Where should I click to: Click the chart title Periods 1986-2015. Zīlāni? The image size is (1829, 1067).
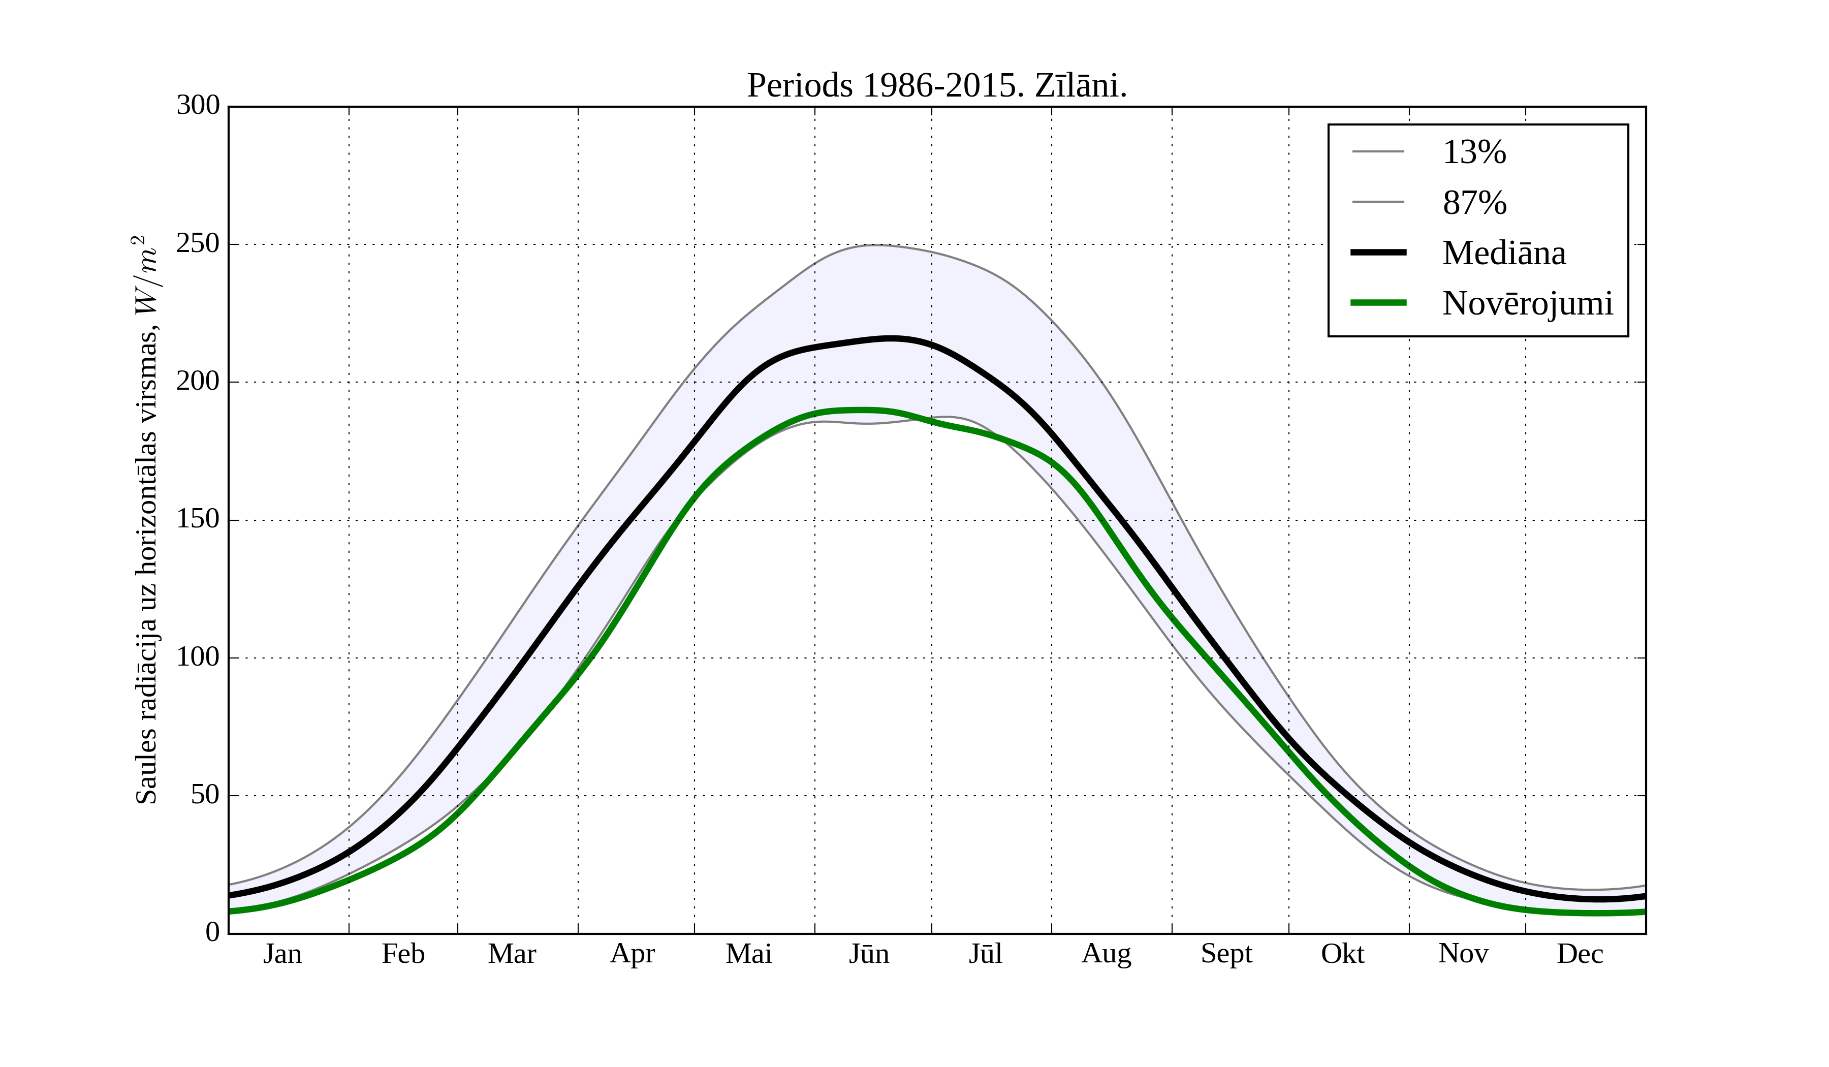click(936, 86)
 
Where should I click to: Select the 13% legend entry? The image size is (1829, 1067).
click(1473, 152)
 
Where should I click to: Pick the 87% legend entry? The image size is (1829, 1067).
click(1474, 203)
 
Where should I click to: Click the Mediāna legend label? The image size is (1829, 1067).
click(1503, 253)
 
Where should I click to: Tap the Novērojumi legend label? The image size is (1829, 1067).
click(1527, 303)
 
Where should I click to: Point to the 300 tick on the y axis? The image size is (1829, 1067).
click(198, 105)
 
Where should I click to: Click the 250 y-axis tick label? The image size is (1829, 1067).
click(198, 244)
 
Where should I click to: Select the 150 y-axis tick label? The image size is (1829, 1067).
click(198, 519)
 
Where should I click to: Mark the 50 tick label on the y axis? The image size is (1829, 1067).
click(205, 795)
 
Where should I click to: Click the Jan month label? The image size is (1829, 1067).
click(282, 954)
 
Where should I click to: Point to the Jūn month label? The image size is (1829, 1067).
click(869, 954)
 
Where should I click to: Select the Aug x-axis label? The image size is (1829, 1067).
click(1106, 954)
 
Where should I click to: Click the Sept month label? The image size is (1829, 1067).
click(1226, 954)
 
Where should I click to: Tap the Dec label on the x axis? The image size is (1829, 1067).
click(1580, 954)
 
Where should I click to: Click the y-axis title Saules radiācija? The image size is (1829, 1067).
click(146, 519)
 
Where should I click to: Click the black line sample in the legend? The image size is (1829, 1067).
click(1377, 253)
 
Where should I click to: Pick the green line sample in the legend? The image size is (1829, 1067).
click(1377, 303)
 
